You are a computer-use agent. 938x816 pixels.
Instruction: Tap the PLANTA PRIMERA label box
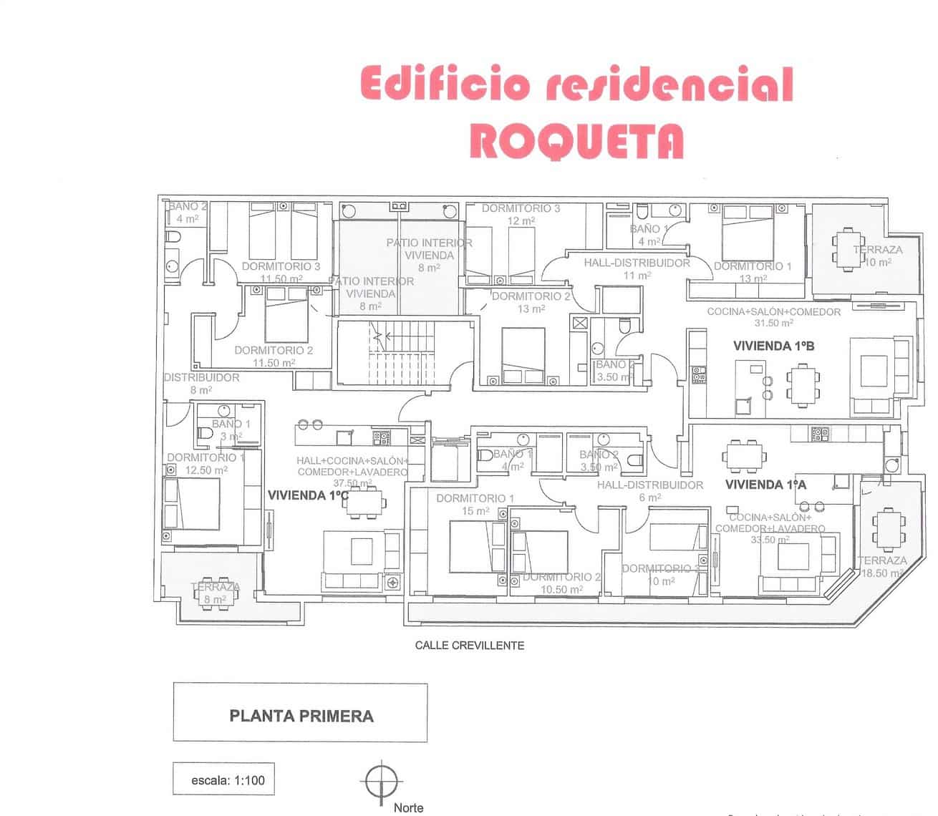[301, 716]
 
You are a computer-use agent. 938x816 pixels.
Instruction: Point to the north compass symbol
[382, 779]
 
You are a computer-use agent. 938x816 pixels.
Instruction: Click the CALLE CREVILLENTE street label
[470, 645]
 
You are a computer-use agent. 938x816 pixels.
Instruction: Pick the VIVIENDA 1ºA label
[765, 485]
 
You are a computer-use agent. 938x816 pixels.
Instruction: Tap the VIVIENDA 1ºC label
[308, 495]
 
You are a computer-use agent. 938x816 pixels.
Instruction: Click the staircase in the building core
[387, 353]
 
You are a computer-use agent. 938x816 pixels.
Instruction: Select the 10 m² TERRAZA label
[878, 256]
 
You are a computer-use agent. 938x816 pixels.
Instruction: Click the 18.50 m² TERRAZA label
[882, 567]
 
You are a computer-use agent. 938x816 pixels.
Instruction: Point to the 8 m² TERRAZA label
[215, 593]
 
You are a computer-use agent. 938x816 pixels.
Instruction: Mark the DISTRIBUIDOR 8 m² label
[201, 384]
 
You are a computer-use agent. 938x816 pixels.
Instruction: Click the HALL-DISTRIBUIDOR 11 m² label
[637, 268]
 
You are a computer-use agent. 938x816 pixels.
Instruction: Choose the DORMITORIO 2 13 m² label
[531, 302]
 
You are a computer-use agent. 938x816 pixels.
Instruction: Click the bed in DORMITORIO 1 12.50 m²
[191, 504]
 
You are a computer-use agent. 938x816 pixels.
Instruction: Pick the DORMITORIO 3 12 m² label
[521, 214]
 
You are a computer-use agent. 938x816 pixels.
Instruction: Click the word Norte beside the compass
[408, 807]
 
